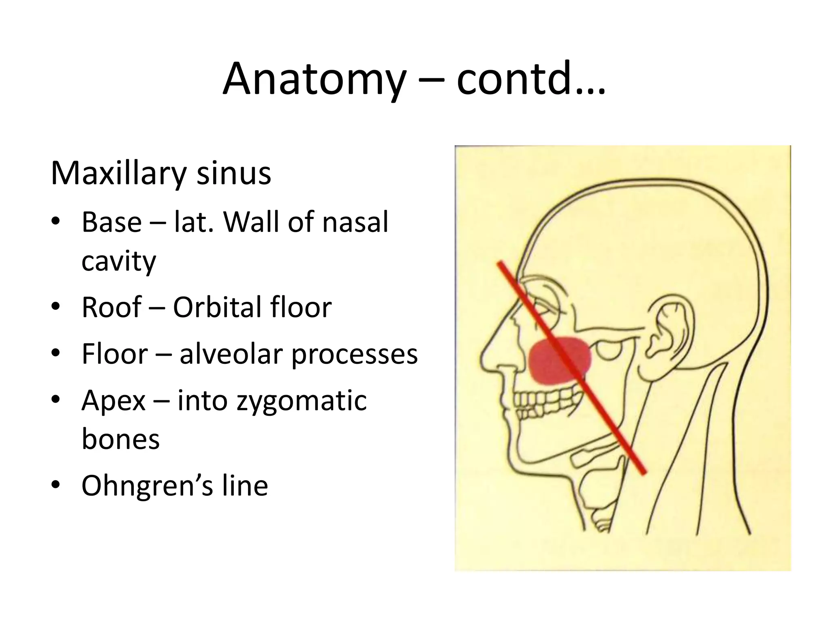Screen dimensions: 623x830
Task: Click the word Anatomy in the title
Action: click(x=314, y=79)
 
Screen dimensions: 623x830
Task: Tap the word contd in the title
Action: click(x=514, y=79)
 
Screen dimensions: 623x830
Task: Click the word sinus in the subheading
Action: click(x=234, y=174)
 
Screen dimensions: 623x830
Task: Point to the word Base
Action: click(x=111, y=222)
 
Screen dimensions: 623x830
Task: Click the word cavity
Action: click(x=118, y=262)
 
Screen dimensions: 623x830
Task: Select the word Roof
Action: click(x=111, y=307)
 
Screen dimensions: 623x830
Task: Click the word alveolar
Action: click(x=231, y=354)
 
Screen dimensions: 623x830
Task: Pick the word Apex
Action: click(x=113, y=401)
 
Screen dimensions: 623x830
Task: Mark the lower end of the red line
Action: click(x=644, y=472)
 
